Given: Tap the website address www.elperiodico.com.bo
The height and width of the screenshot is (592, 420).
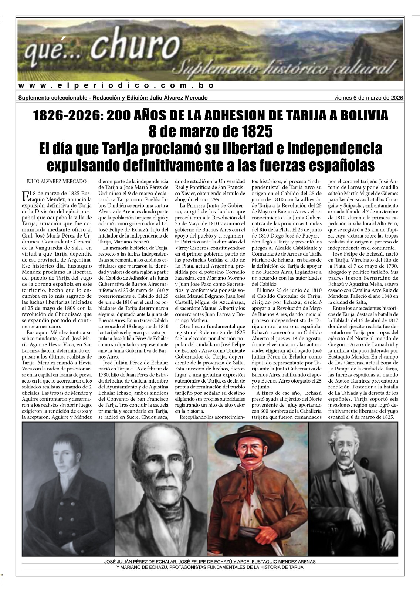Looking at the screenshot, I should tap(116, 85).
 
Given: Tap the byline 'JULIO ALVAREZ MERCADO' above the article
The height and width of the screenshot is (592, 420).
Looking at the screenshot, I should tap(56, 181).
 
